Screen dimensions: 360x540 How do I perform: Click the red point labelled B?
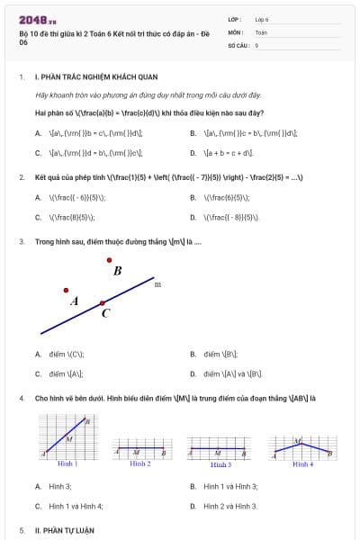110,260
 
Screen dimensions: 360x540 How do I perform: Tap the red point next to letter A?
66,290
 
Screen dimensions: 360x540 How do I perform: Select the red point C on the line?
103,302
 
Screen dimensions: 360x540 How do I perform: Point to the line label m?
157,284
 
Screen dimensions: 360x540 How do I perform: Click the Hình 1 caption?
67,463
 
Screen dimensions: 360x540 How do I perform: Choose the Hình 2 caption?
139,463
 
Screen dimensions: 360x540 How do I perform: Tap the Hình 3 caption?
220,464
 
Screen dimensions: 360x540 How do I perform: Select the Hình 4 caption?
303,464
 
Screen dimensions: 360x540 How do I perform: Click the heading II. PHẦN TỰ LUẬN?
64,530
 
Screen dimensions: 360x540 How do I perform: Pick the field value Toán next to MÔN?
261,31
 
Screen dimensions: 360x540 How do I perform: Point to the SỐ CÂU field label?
238,44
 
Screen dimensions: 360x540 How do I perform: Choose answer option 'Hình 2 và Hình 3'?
230,506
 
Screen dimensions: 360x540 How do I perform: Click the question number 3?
21,241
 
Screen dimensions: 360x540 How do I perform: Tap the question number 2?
21,176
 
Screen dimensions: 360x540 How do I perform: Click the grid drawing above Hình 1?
67,436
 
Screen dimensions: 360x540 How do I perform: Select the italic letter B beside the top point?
118,270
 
